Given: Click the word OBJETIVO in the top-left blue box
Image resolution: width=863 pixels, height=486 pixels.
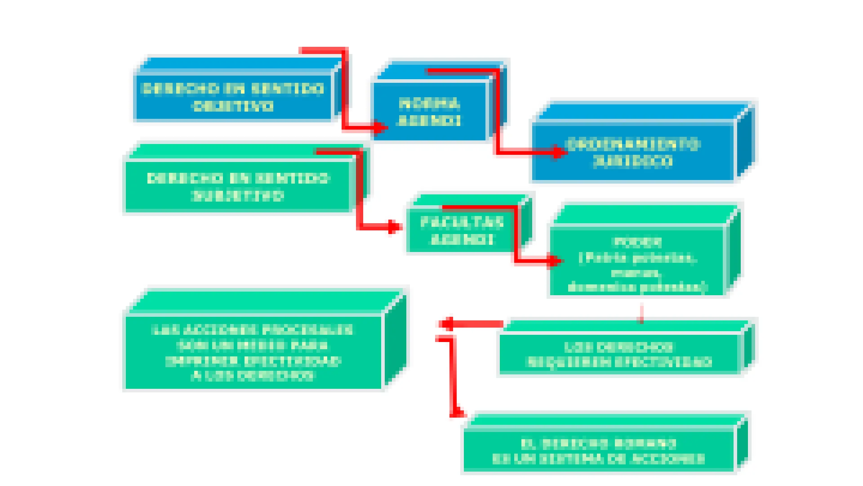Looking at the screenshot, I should coord(233,106).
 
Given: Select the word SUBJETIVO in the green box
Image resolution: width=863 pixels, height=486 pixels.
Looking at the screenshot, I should coord(238,196).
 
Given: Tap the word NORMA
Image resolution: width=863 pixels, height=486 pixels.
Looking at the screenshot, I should coord(430,104).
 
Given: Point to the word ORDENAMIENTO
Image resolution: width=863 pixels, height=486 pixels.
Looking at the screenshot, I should coord(633,144).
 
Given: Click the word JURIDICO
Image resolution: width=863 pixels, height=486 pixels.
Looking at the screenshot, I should coord(633,162).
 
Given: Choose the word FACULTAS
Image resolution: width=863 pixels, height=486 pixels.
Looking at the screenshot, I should coord(462,222).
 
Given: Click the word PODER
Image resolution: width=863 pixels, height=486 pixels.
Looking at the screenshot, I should coord(638,243).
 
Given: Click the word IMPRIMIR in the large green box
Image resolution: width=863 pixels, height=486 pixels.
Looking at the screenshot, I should coord(201,361).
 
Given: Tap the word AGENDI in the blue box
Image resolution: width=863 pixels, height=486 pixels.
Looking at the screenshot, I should coord(430,121).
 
